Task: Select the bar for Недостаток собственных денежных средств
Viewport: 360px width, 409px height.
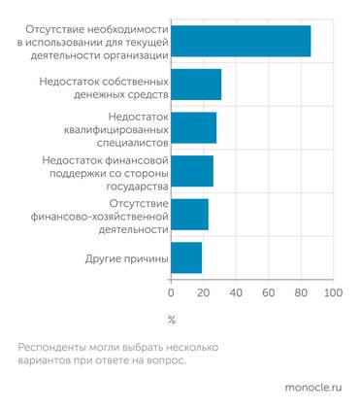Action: coord(196,85)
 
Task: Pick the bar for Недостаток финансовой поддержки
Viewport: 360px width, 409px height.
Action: coord(192,170)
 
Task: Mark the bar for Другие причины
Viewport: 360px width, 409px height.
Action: coord(186,257)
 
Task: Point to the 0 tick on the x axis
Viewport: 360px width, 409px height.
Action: coord(172,292)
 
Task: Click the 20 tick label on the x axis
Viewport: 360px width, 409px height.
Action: coord(204,292)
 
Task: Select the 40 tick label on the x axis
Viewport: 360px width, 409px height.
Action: coord(236,292)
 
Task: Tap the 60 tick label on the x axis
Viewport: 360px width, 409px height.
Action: coord(268,292)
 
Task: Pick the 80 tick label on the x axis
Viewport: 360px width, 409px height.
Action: coord(300,292)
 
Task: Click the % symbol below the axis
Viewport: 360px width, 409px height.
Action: coord(172,319)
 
